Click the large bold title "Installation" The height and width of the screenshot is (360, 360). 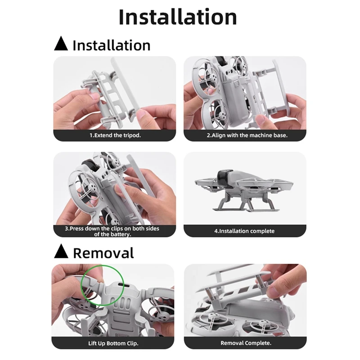tap(178, 17)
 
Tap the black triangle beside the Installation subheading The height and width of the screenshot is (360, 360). tap(61, 45)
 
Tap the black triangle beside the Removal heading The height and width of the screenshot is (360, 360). tap(61, 252)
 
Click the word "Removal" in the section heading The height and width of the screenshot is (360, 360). tap(103, 252)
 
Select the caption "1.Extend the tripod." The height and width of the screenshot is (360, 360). tap(115, 135)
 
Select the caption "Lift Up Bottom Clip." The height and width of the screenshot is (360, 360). tap(113, 343)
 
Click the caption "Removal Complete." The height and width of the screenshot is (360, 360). tap(246, 343)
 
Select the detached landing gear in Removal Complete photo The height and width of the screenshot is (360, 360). tap(234, 281)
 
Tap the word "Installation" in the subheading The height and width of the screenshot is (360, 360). tap(111, 45)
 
